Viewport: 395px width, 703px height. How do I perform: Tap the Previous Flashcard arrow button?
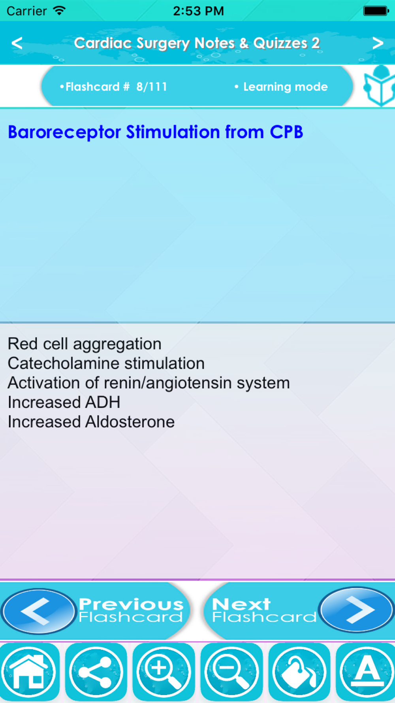[38, 611]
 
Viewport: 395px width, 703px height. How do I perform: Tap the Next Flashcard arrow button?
[357, 610]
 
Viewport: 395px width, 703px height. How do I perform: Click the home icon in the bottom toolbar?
[29, 672]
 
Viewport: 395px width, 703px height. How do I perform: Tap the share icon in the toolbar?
[96, 672]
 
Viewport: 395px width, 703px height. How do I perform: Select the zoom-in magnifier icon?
[164, 672]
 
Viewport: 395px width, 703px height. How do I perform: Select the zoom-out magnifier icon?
[231, 672]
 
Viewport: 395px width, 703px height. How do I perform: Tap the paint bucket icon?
[299, 672]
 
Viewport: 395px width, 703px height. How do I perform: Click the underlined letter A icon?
[366, 672]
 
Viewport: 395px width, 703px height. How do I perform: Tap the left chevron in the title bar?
[17, 43]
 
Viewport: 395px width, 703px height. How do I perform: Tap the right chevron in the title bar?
[378, 43]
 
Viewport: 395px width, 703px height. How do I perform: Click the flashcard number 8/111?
[152, 87]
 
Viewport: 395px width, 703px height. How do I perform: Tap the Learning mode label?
[285, 87]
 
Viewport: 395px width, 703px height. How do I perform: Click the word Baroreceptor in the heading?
[64, 132]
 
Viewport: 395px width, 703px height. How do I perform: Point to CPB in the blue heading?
[286, 132]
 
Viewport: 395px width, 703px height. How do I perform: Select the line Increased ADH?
[64, 402]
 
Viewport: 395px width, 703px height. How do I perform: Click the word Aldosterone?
[130, 421]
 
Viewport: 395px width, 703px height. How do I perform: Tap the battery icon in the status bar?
[376, 11]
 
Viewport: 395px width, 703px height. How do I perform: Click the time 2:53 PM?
[198, 11]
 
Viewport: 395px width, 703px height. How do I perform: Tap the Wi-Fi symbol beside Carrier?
[59, 11]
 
